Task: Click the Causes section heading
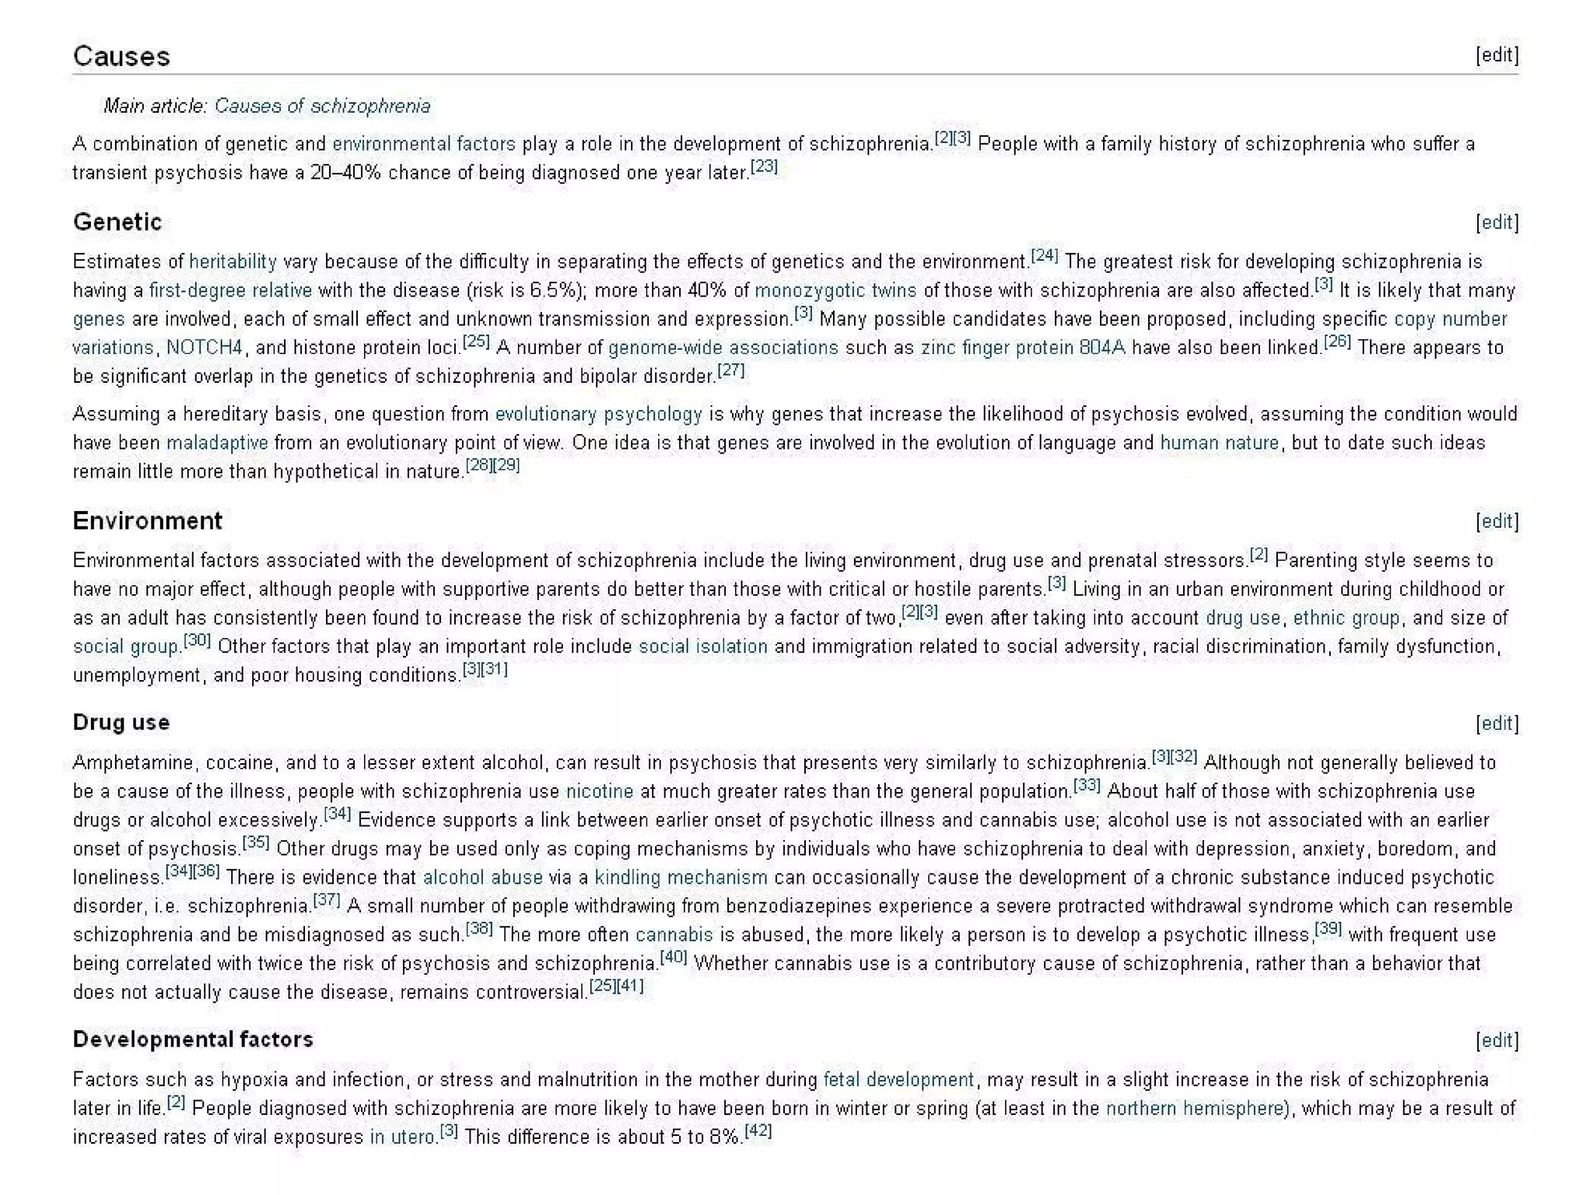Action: point(121,56)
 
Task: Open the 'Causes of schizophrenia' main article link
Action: point(322,106)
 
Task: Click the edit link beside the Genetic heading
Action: point(1497,223)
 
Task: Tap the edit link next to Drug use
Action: point(1497,724)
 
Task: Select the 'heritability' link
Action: point(233,261)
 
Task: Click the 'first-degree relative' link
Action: point(230,290)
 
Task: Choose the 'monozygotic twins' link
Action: point(835,290)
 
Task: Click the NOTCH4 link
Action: point(205,348)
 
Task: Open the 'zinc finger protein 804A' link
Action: point(1023,348)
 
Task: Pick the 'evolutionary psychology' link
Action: point(598,414)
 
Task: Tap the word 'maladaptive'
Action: point(217,443)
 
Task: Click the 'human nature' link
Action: point(1219,443)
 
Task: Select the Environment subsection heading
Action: point(148,520)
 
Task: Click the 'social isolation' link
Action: point(702,647)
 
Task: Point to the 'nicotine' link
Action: point(599,791)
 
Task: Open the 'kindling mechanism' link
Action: point(681,878)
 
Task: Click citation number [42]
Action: point(758,1131)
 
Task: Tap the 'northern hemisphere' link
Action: point(1194,1108)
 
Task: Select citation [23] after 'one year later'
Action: point(765,166)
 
